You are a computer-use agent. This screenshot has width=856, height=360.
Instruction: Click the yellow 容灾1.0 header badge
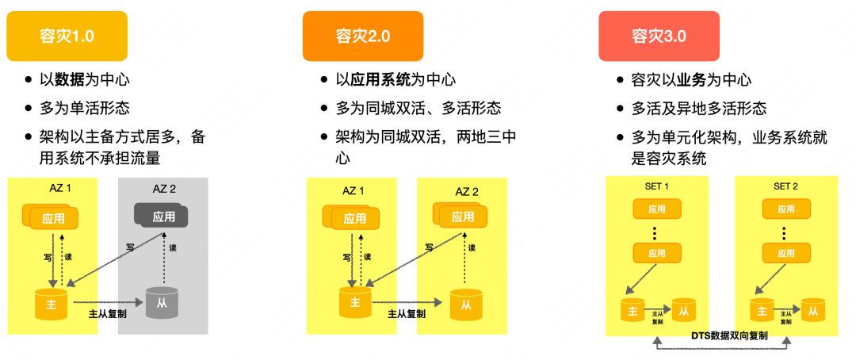(x=67, y=36)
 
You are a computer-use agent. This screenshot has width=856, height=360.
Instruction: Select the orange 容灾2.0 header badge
(x=362, y=36)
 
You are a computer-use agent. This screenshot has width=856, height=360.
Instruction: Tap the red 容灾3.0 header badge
(x=659, y=36)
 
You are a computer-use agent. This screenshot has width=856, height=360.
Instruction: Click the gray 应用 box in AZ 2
(x=162, y=216)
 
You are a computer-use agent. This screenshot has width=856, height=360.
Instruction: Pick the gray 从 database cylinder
(x=162, y=303)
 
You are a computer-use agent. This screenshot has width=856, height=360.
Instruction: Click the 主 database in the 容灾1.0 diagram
(x=51, y=304)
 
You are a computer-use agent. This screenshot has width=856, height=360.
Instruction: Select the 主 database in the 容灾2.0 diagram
(x=354, y=302)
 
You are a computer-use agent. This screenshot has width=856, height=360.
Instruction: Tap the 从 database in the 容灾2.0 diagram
(x=466, y=304)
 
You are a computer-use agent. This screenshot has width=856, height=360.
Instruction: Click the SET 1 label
(x=655, y=186)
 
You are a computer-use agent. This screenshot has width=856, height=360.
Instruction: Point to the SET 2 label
(x=785, y=186)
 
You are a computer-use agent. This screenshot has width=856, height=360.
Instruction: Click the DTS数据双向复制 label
(x=722, y=335)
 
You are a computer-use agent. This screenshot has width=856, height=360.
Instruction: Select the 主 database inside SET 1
(x=632, y=309)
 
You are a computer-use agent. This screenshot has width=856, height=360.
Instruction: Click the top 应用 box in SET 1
(x=656, y=209)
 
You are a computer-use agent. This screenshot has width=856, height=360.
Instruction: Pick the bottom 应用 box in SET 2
(x=785, y=253)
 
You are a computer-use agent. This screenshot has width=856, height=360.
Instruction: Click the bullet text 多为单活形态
(x=84, y=108)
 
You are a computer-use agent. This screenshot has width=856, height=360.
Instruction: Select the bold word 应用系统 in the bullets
(x=380, y=79)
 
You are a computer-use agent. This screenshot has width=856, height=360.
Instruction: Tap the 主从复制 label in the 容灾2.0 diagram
(x=406, y=313)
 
